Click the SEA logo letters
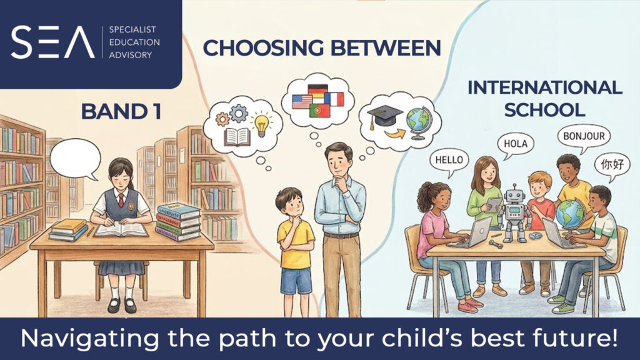point(52,42)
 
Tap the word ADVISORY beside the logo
point(130,55)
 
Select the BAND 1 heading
point(121,111)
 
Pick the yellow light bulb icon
point(261,124)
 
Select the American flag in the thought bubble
point(302,101)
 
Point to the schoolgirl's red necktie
point(121,200)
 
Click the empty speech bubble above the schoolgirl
point(75,159)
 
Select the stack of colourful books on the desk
point(178,222)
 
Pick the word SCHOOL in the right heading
point(544,110)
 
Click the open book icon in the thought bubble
point(237,137)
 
